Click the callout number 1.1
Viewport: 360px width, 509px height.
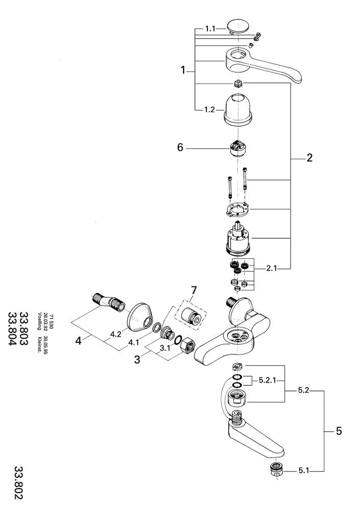click(x=210, y=29)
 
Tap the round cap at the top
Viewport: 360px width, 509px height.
click(x=238, y=27)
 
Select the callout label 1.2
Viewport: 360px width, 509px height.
click(x=209, y=110)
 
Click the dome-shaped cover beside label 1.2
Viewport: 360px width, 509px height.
click(x=238, y=109)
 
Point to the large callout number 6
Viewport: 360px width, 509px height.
click(x=180, y=147)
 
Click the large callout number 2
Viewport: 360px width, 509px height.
click(x=310, y=158)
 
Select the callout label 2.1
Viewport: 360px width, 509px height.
click(x=271, y=269)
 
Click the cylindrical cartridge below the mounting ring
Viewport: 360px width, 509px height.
click(x=238, y=239)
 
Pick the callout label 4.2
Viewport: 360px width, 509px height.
click(x=116, y=334)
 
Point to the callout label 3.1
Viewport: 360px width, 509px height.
click(x=165, y=348)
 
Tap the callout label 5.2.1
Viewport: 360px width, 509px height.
click(x=267, y=380)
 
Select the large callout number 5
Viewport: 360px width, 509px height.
click(x=339, y=431)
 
